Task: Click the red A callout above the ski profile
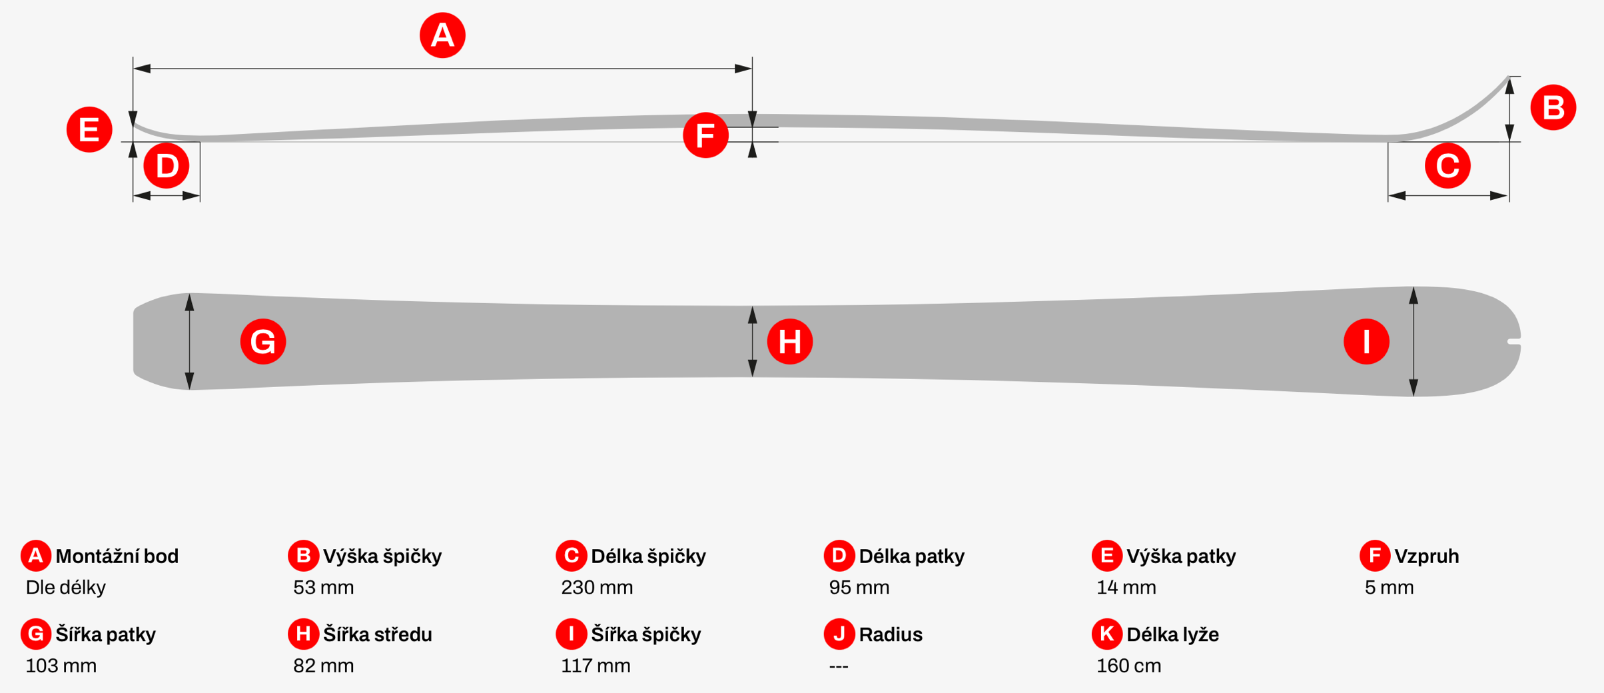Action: [442, 35]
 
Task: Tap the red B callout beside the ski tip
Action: [1553, 107]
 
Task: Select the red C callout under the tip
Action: [1447, 166]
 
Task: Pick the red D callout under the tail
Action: [167, 166]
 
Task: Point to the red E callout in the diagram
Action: [89, 129]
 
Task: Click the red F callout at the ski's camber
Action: [705, 135]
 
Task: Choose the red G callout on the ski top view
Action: [263, 342]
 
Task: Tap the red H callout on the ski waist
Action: [790, 342]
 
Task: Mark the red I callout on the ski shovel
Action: [1366, 342]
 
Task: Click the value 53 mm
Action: [324, 588]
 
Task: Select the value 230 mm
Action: [597, 588]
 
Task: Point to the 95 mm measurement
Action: [859, 588]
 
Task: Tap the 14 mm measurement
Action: [1126, 588]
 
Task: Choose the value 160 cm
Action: [1129, 666]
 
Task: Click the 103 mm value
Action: [61, 666]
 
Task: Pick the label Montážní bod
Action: [117, 556]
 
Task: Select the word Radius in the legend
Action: [891, 634]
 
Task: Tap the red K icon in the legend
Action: [1107, 634]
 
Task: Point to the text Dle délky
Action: [65, 588]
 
